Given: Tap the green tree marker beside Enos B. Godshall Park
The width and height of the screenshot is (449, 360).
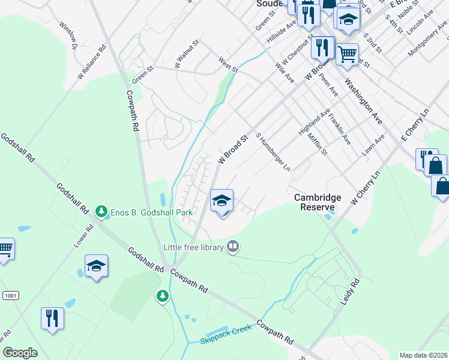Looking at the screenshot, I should [x=102, y=212].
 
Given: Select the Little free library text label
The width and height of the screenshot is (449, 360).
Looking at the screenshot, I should [x=193, y=247].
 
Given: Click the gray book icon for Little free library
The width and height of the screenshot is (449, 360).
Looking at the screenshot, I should [x=233, y=246].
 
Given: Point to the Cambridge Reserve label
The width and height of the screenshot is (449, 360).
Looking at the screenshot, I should [x=318, y=202].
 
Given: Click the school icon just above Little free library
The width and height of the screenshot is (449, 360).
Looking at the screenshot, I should [x=221, y=201].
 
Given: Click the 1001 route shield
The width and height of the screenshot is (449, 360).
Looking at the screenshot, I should [x=10, y=295].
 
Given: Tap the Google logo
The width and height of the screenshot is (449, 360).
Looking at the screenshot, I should [x=20, y=352].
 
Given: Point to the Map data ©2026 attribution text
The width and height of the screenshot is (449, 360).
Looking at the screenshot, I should [x=423, y=355].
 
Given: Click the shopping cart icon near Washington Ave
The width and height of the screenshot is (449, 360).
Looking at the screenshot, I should [x=347, y=55].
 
